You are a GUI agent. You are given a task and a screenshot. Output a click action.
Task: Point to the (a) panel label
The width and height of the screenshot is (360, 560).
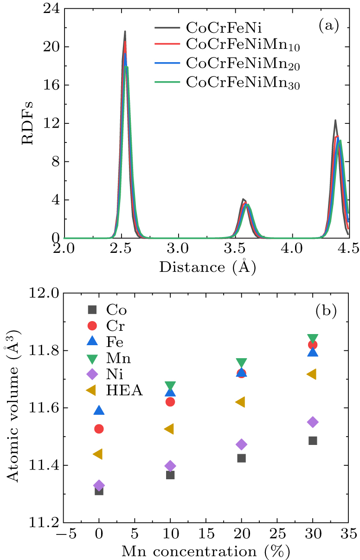coord(328,26)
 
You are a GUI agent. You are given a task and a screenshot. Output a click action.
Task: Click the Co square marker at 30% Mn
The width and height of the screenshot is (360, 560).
coord(313,440)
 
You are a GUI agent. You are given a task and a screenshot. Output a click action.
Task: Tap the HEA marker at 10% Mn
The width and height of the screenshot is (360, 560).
coord(169,429)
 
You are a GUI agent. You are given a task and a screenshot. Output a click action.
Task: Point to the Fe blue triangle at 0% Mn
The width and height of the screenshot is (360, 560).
coord(99,410)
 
